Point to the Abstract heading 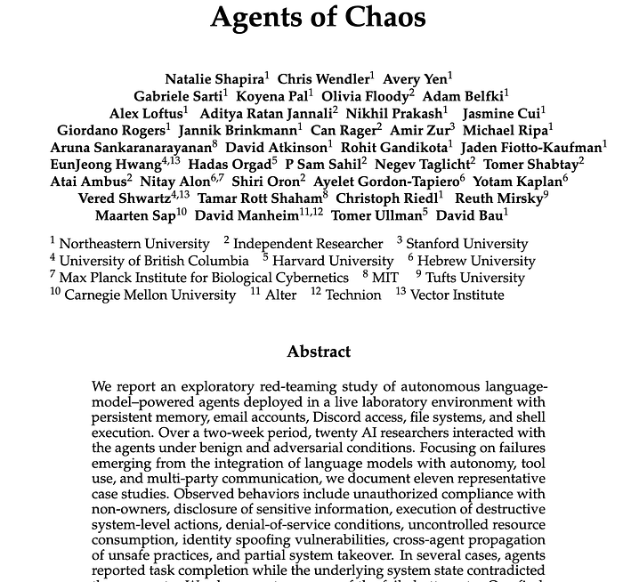click(319, 352)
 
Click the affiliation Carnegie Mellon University click(150, 295)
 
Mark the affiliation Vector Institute click(457, 295)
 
